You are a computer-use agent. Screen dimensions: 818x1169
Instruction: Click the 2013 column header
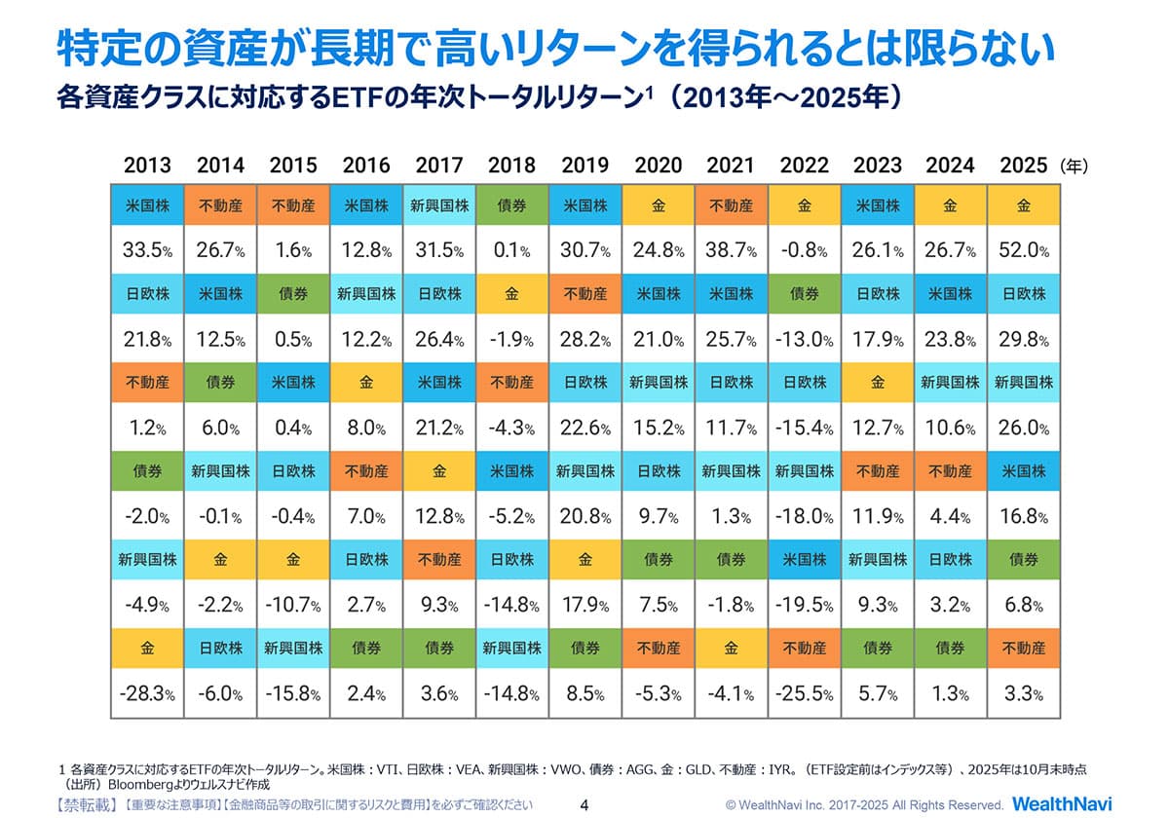click(x=147, y=166)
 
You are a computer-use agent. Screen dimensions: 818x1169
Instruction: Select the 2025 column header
click(x=1023, y=166)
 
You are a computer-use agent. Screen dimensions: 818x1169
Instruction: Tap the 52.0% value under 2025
click(x=1023, y=251)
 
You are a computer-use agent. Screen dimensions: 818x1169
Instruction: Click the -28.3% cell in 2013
click(x=147, y=694)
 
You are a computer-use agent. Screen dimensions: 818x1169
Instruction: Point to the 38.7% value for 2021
click(x=731, y=251)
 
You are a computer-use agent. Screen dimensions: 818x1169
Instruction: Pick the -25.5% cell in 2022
click(x=804, y=694)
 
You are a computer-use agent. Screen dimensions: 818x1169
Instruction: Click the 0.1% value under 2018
click(x=511, y=251)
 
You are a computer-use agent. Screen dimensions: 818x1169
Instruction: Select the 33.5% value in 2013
click(x=147, y=251)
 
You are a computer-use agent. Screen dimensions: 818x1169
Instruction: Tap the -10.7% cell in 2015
click(x=293, y=606)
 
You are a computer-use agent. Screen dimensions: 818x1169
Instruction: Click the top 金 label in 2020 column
click(x=658, y=206)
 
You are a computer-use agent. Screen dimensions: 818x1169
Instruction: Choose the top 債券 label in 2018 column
click(x=511, y=206)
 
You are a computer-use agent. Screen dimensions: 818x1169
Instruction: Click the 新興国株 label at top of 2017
click(x=438, y=206)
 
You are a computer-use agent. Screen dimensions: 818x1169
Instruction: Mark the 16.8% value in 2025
click(x=1023, y=517)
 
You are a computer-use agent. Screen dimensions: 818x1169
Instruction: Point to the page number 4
click(x=584, y=804)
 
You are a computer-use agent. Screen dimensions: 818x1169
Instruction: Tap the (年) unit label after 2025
click(x=1074, y=167)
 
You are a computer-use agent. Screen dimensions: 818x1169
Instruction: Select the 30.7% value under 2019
click(x=584, y=251)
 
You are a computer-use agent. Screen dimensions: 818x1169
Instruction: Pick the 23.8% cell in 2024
click(x=950, y=340)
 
